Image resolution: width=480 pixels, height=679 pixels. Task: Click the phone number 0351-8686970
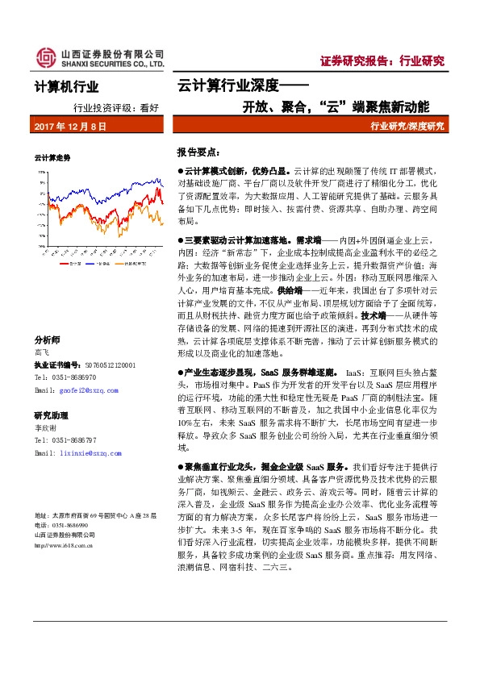[77, 377]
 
